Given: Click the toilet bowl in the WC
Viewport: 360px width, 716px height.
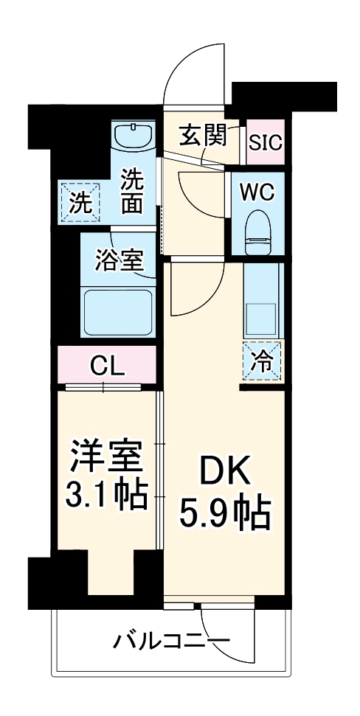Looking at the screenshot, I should point(258,226).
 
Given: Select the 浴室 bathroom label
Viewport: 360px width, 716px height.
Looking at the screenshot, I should point(119,260).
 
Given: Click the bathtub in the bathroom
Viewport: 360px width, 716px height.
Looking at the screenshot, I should point(119,312).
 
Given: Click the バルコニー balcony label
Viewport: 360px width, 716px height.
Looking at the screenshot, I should point(171,639).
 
